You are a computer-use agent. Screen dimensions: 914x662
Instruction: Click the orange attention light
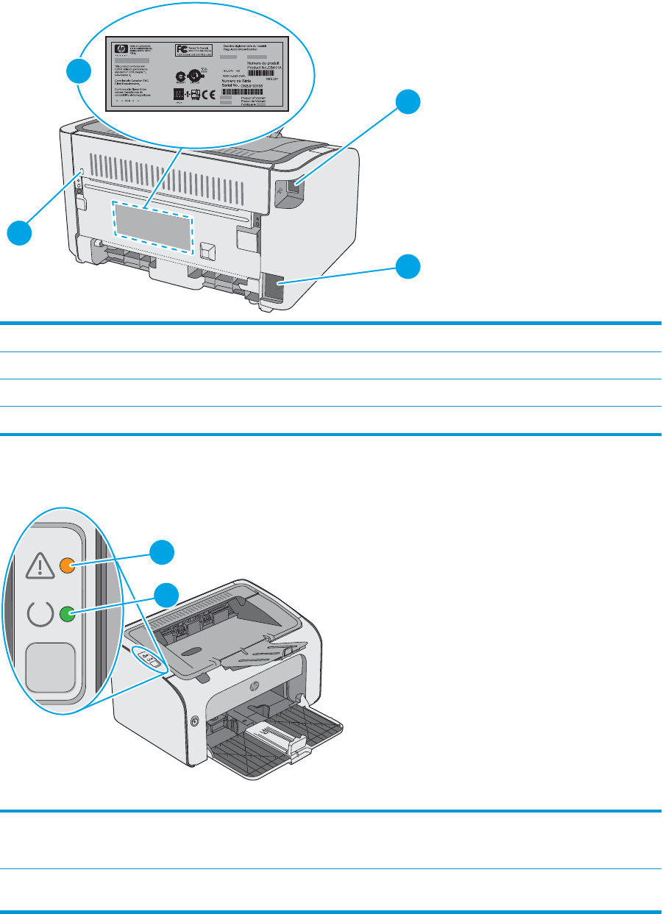pyautogui.click(x=66, y=565)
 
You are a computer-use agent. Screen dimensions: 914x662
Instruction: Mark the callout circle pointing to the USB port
pyautogui.click(x=410, y=101)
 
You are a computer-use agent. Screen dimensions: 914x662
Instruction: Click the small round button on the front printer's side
pyautogui.click(x=194, y=721)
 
